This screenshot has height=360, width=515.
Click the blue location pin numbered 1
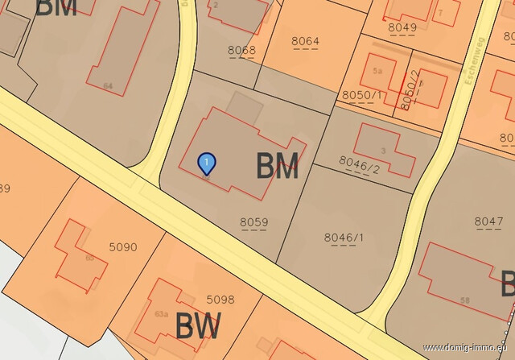[x=207, y=163]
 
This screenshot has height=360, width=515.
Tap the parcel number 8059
[x=253, y=222]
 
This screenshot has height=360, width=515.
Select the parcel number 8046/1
[x=344, y=237]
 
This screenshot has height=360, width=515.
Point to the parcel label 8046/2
[x=359, y=167]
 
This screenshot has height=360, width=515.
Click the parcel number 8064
[x=305, y=41]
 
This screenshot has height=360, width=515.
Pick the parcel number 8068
[x=241, y=51]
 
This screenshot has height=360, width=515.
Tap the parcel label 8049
[x=402, y=27]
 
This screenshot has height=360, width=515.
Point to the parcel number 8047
[x=488, y=221]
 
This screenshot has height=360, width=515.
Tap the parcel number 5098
[x=220, y=300]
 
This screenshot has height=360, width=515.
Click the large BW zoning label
[x=198, y=328]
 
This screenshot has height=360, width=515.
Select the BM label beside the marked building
[x=278, y=167]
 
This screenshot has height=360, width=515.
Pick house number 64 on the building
[x=108, y=85]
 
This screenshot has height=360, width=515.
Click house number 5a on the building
[x=377, y=71]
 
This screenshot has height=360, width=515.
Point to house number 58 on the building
[x=465, y=300]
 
